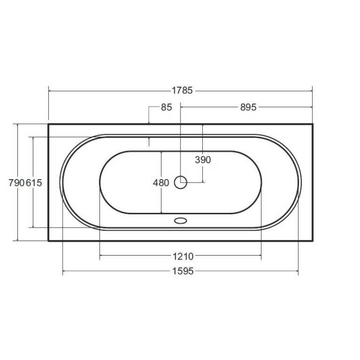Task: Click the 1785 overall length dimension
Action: pos(182,90)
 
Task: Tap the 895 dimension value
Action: pos(248,107)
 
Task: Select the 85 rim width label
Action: pos(167,107)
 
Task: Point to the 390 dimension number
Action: pos(203,160)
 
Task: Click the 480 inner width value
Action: pos(161,183)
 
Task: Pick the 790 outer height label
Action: pos(16,183)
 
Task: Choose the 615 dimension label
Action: pos(34,183)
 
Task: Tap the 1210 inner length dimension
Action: pos(183,257)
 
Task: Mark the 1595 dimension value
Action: pos(183,271)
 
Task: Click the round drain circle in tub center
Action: pos(180,182)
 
